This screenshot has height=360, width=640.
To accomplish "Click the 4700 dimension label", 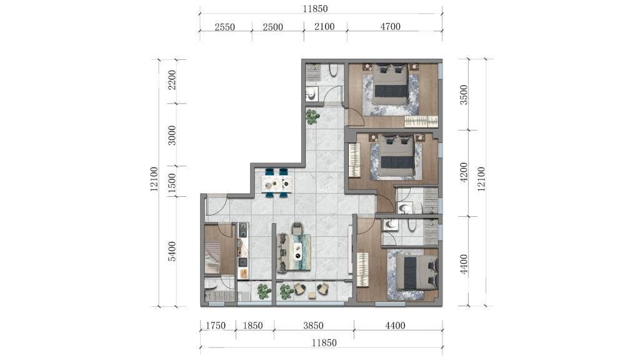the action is pos(390,27).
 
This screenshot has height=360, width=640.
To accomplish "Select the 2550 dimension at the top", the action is pos(225,27).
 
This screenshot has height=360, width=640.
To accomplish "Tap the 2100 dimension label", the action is pos(324,27).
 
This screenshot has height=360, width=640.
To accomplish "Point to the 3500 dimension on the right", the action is pos(464,95).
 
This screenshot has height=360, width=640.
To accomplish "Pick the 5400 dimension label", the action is pos(172,251).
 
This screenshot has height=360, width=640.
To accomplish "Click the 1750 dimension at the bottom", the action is pos(216,326).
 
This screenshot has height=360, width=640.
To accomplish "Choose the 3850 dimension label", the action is pos(313,326).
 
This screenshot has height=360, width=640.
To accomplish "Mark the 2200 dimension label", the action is pos(172,80).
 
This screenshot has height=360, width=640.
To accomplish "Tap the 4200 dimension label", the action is pos(464,172).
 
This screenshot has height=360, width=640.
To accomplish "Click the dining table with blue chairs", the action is pos(277,183).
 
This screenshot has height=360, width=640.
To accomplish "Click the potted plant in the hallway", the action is pos(312,116).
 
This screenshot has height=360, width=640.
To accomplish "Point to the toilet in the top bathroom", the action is pos(332,71).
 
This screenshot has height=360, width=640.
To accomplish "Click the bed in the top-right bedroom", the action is pos(391,84).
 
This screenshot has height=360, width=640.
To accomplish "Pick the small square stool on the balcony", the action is pos(311,295).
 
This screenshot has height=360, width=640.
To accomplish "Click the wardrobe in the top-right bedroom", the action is pos(421,121).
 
